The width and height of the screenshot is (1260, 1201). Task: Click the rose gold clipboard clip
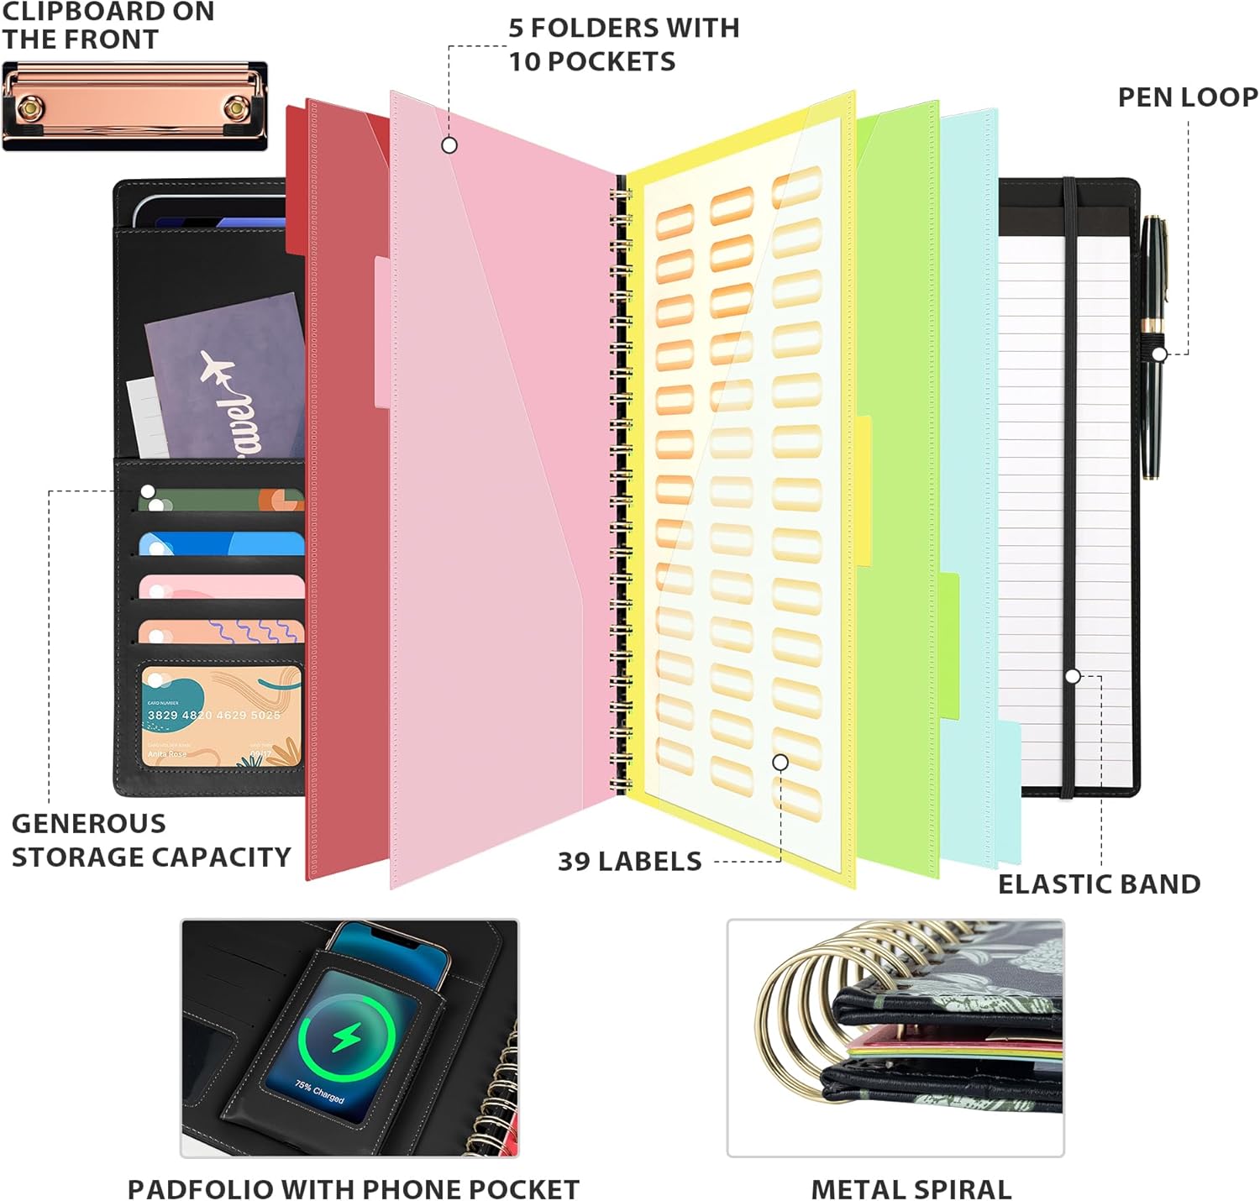[x=134, y=107]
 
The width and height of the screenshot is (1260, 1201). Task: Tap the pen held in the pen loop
[x=1152, y=344]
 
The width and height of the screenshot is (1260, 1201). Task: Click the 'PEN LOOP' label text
[x=1188, y=97]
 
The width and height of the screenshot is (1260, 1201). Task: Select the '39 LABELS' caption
[x=629, y=862]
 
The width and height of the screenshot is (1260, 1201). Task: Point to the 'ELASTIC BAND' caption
[x=1099, y=884]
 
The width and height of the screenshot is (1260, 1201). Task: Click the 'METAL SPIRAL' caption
[x=911, y=1190]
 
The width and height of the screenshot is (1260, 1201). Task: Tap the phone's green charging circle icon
[x=346, y=1038]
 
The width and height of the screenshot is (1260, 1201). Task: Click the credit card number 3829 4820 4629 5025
[x=213, y=716]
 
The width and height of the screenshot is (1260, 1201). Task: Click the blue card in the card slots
[x=220, y=544]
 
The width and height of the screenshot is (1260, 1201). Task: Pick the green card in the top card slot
[x=220, y=501]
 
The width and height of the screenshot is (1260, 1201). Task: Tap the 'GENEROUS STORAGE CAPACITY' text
[x=150, y=840]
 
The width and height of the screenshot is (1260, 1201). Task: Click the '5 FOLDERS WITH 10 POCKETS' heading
[x=623, y=45]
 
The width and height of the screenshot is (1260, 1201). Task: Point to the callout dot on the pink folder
[x=449, y=145]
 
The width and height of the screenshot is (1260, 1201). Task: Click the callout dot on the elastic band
[x=1073, y=676]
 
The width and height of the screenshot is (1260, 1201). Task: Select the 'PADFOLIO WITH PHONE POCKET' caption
[x=353, y=1190]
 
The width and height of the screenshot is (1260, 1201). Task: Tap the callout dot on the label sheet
[x=780, y=762]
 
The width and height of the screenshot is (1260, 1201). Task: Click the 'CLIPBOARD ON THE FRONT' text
[x=108, y=25]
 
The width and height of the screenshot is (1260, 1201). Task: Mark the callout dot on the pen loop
[x=1159, y=354]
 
